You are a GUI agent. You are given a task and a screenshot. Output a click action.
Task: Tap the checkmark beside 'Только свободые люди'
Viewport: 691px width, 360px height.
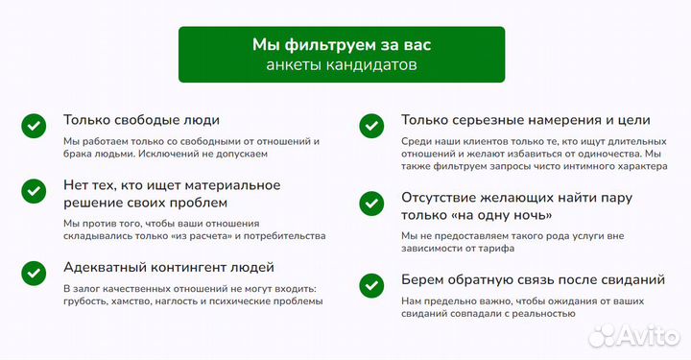(34, 125)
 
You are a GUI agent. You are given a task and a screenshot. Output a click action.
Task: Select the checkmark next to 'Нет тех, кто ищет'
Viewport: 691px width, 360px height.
(34, 189)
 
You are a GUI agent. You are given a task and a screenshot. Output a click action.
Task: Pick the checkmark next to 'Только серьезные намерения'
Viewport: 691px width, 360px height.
(371, 125)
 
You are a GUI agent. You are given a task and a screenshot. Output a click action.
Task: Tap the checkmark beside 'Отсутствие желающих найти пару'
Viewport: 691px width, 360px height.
(371, 203)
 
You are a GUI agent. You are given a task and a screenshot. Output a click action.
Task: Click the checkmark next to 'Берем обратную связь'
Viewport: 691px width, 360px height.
(371, 285)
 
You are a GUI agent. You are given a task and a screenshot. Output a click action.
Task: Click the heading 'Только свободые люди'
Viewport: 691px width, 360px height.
(141, 121)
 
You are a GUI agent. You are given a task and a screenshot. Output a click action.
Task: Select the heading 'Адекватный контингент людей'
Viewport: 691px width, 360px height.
(169, 267)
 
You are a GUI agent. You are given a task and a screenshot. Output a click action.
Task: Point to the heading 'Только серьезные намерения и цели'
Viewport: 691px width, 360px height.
(526, 121)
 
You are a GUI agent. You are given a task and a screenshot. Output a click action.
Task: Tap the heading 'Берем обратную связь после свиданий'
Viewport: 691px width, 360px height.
(534, 280)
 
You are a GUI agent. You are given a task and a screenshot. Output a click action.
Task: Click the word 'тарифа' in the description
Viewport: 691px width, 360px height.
(492, 249)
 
